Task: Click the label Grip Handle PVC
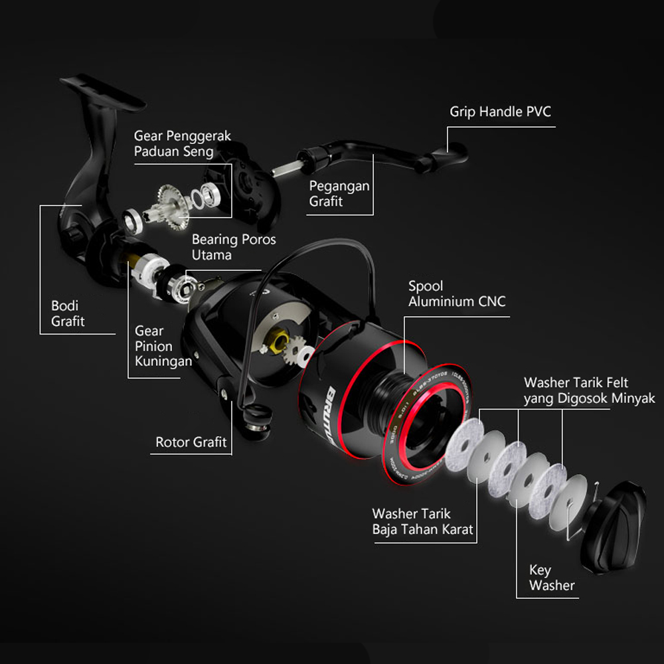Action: point(500,112)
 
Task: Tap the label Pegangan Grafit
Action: point(339,194)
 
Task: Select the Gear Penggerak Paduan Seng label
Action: point(182,143)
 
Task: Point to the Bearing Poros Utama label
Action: point(233,247)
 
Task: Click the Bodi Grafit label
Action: point(68,313)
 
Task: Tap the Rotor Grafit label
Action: point(191,442)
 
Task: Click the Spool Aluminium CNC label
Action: point(456,294)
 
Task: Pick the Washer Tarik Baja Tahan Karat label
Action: point(422,522)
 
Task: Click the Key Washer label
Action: point(551,578)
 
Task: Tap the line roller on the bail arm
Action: point(257,418)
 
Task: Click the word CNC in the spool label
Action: point(491,301)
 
